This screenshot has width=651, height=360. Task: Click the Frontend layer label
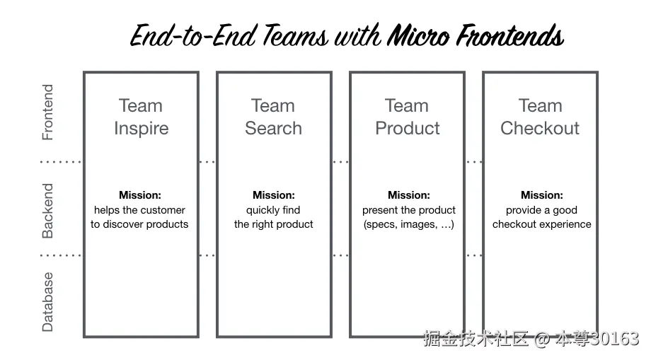click(47, 112)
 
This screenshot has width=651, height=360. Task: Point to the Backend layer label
click(47, 211)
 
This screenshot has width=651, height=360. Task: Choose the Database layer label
click(47, 301)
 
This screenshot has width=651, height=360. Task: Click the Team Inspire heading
click(141, 117)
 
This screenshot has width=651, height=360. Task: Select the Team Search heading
click(273, 117)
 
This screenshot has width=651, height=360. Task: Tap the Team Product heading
click(408, 117)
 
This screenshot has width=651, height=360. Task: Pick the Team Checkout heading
click(540, 117)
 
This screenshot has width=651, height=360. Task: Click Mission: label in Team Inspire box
click(140, 195)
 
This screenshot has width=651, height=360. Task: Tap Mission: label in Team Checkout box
click(542, 195)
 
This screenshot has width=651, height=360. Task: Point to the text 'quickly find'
click(273, 210)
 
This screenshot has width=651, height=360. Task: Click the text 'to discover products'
click(139, 224)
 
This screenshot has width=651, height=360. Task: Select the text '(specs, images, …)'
click(408, 224)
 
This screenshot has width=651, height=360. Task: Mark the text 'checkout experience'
click(542, 224)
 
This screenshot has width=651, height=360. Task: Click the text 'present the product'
click(409, 210)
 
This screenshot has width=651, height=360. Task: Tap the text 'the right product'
click(274, 224)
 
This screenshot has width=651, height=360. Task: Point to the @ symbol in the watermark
click(541, 339)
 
